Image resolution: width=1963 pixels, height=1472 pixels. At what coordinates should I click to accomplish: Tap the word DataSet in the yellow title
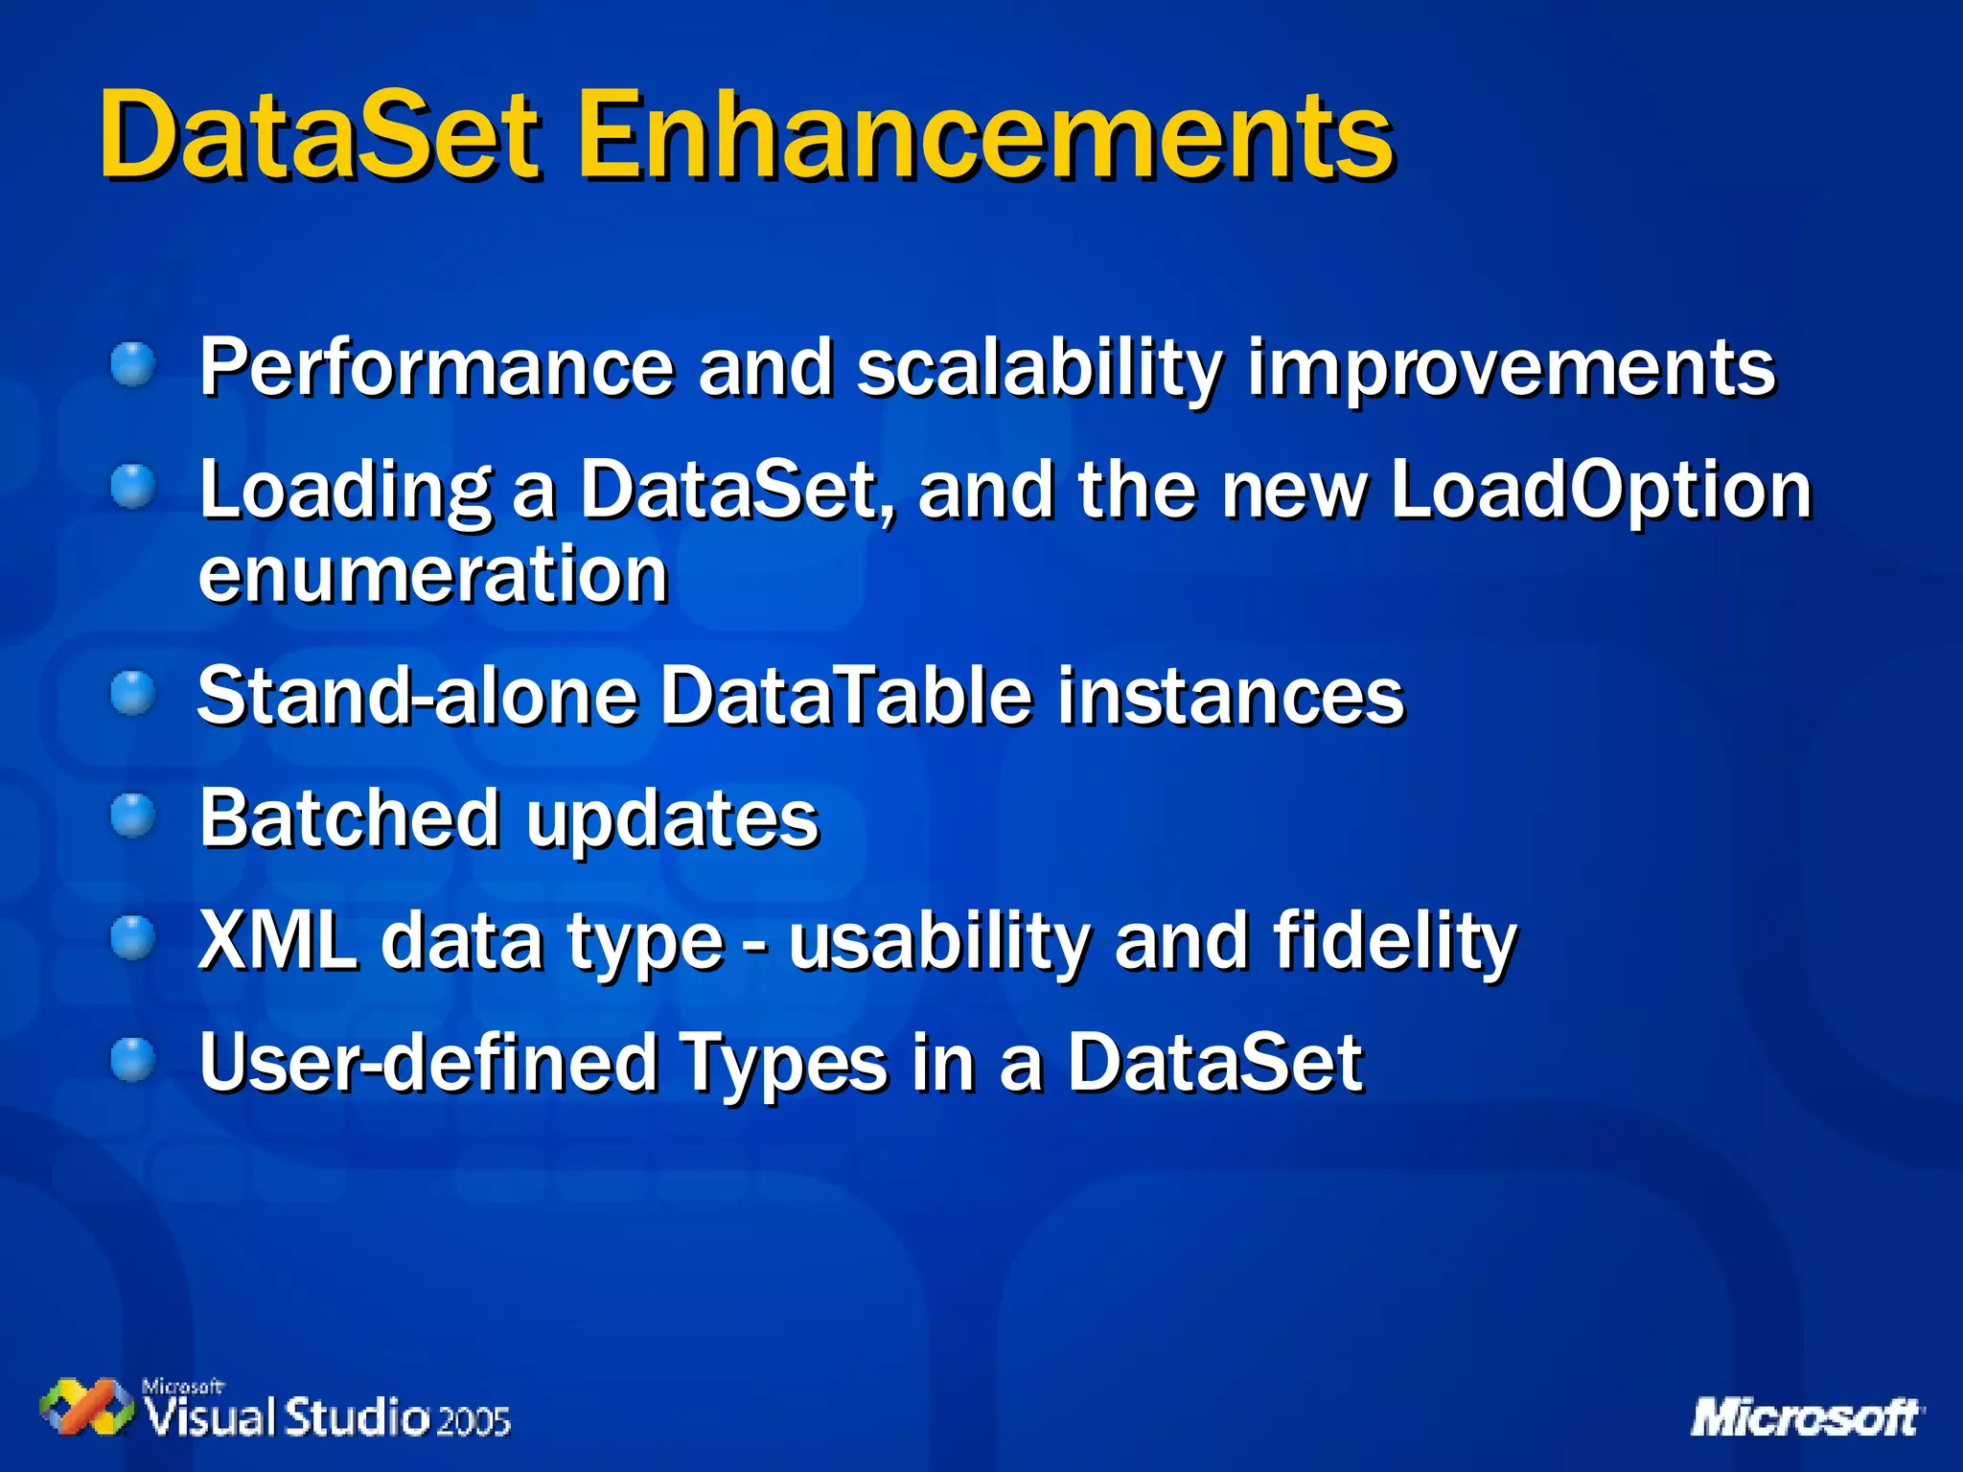pos(321,136)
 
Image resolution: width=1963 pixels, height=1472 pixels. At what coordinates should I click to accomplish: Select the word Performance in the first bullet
pos(436,369)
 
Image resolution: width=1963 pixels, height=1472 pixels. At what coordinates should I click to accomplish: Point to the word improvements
pos(1511,369)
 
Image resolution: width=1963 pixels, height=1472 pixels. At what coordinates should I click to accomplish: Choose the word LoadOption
pos(1601,492)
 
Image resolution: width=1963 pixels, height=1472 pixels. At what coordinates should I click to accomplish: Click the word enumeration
pos(433,575)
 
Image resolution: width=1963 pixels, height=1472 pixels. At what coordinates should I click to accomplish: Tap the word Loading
pos(345,492)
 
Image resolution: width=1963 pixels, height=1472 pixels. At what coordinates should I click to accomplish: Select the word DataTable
pos(846,697)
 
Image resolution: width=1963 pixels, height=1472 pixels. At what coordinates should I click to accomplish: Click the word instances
pos(1231,697)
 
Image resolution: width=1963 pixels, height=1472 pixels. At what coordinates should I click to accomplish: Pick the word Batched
pos(350,819)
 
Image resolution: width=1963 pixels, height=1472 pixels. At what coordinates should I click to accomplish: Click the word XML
pos(277,941)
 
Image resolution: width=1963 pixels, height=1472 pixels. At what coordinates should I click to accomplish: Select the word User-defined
pos(427,1063)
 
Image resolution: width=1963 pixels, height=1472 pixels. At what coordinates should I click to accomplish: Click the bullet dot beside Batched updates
pos(132,816)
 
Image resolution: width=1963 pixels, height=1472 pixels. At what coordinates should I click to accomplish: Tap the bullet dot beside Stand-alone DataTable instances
pos(132,694)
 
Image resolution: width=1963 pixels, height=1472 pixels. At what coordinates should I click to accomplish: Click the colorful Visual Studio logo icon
pos(86,1407)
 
